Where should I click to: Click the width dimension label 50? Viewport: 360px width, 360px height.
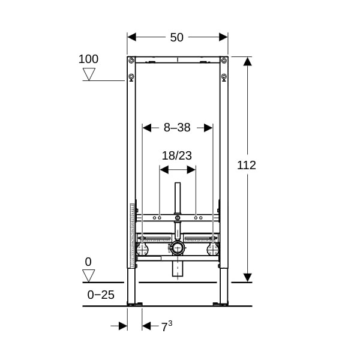(x=176, y=37)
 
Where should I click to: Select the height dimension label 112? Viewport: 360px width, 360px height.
(x=247, y=166)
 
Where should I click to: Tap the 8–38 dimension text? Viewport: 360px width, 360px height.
(x=177, y=127)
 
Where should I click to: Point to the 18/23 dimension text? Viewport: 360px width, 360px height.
(x=177, y=155)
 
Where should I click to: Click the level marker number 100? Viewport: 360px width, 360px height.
(x=88, y=59)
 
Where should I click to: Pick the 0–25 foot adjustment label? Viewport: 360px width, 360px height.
(x=101, y=295)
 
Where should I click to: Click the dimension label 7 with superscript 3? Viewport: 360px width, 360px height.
(x=167, y=326)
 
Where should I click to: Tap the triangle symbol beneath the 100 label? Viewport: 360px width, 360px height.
(x=89, y=74)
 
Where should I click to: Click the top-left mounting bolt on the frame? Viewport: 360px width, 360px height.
(x=131, y=61)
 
